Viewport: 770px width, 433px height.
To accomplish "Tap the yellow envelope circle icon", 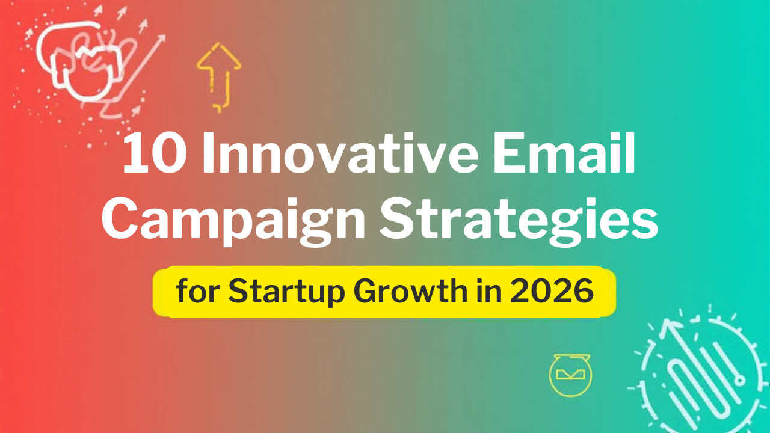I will point(570,375).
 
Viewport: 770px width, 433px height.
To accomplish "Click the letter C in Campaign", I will point(120,220).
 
